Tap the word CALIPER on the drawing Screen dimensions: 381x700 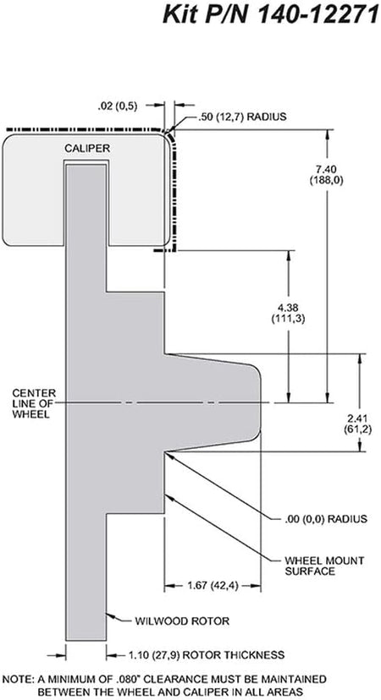pos(87,148)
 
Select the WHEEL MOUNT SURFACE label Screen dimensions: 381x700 pos(324,566)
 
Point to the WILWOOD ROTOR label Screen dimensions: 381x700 pos(182,621)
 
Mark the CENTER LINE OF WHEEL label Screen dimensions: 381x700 pos(34,403)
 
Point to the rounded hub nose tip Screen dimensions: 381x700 pos(261,402)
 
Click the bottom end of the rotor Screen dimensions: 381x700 pos(86,640)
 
